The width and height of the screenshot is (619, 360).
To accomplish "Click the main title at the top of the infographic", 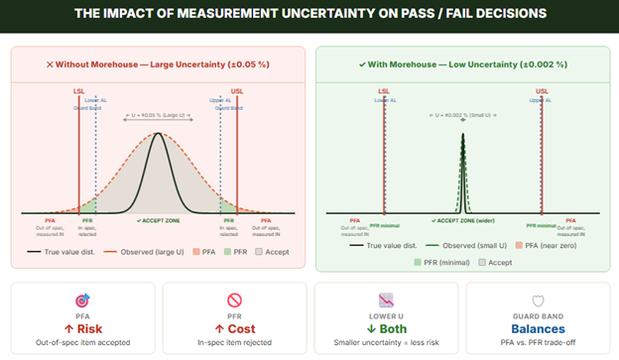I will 309,15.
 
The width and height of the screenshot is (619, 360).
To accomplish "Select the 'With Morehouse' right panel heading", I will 462,64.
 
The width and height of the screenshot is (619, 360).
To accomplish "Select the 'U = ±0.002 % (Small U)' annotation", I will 462,117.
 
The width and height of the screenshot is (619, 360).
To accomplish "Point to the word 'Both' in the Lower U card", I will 386,328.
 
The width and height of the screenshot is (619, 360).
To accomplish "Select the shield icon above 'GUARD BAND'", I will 538,299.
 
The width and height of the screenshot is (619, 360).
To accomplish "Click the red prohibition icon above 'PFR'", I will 234,299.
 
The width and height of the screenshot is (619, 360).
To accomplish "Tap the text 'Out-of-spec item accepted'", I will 82,343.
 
